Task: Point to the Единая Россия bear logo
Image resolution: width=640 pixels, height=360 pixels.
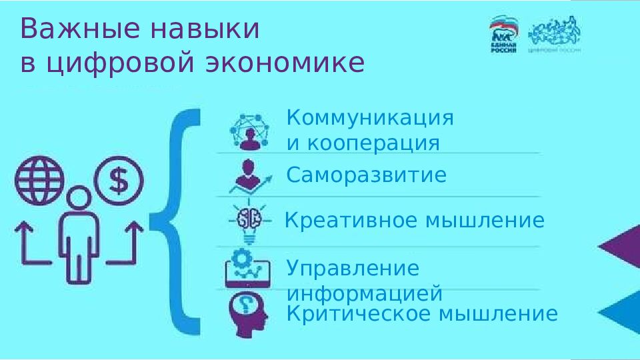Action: click(x=504, y=35)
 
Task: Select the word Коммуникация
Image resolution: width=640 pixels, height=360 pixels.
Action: click(x=370, y=119)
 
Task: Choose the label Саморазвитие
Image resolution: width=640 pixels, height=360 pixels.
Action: click(x=366, y=175)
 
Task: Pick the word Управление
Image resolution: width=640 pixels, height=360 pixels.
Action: click(x=353, y=269)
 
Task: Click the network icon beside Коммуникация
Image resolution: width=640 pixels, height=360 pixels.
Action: click(x=249, y=131)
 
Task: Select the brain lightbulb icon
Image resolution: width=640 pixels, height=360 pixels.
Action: click(x=249, y=221)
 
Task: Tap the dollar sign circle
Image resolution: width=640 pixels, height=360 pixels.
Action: click(x=119, y=179)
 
